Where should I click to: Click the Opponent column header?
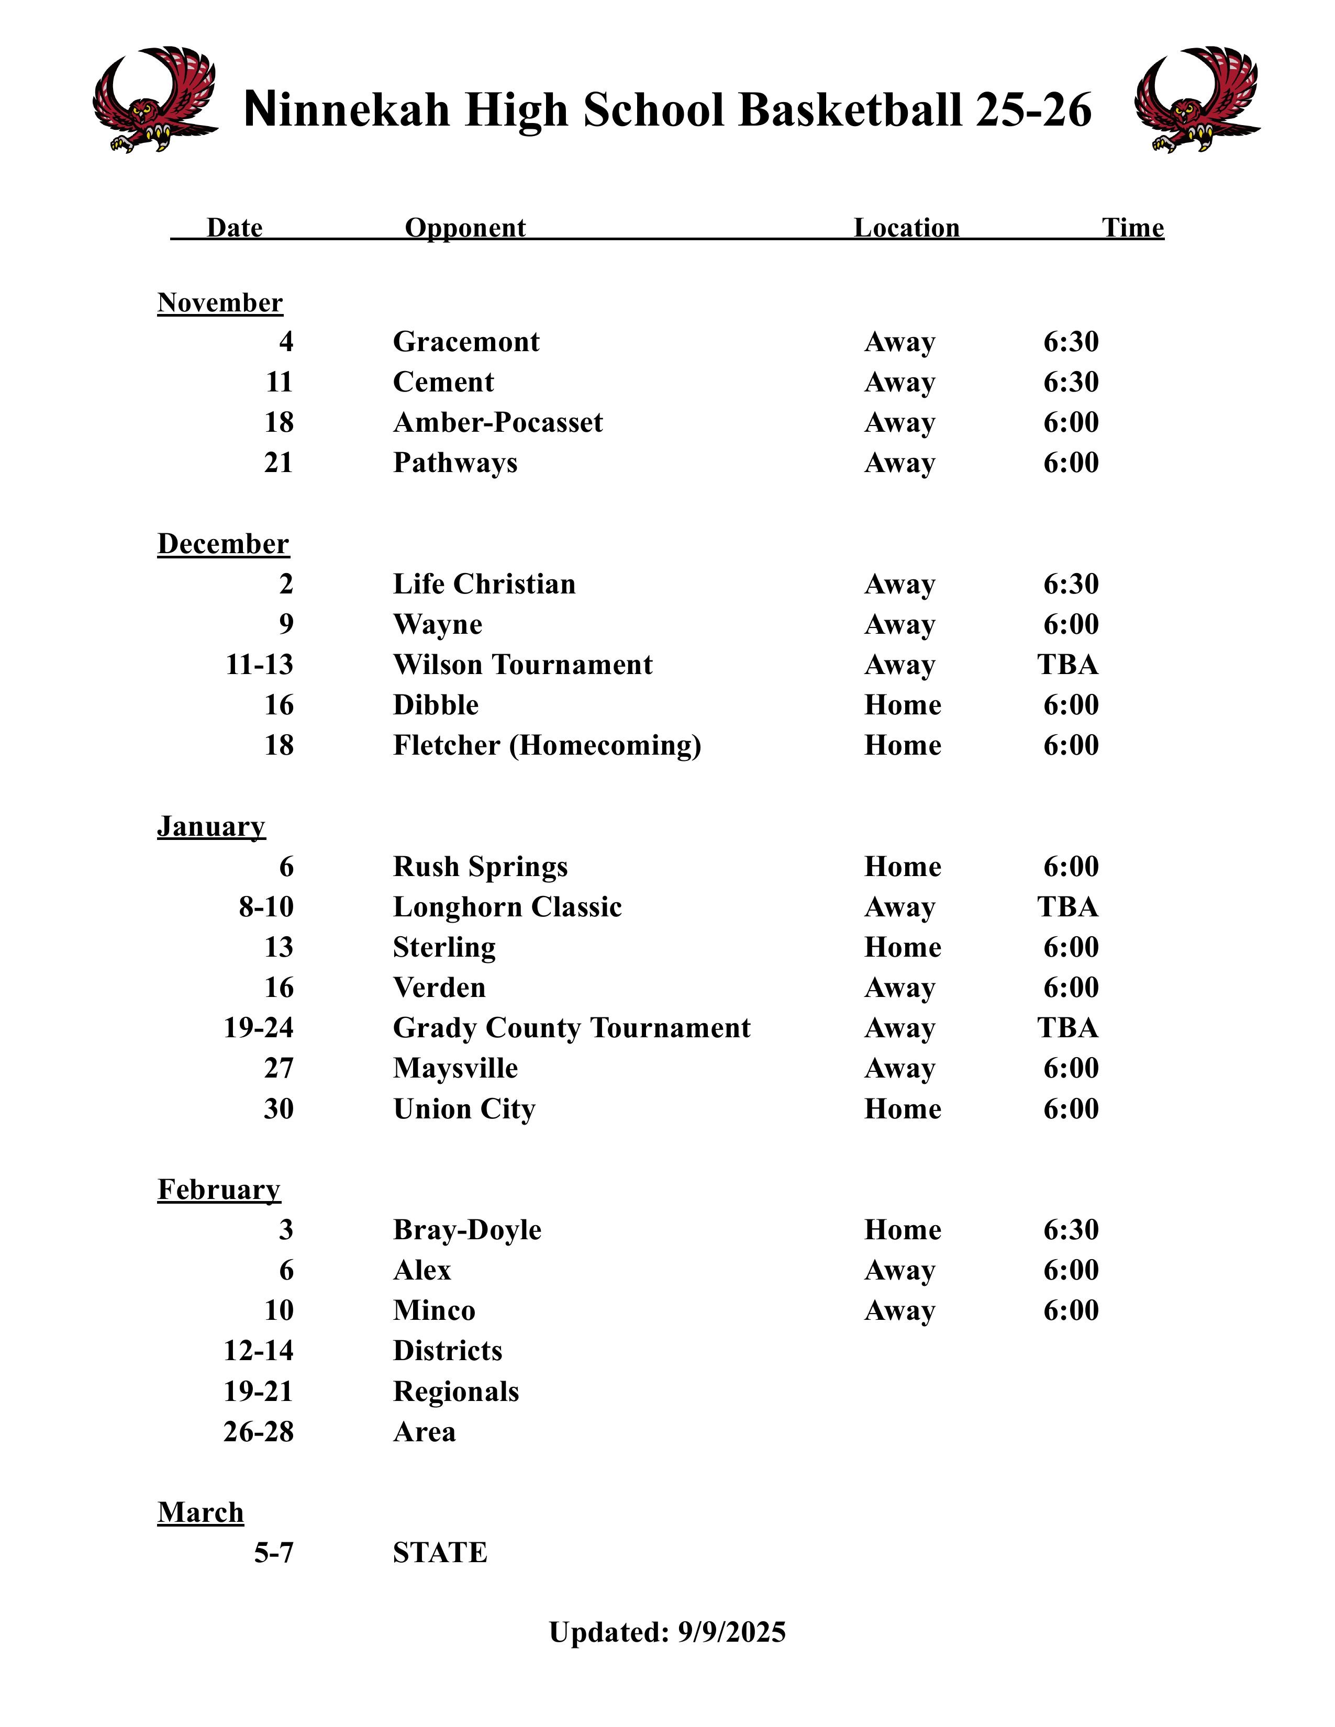pos(465,228)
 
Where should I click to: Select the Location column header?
pos(906,228)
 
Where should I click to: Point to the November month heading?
pos(220,303)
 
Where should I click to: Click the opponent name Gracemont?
pos(466,342)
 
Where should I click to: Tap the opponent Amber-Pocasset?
pos(497,422)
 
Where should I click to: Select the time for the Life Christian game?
pos(1071,585)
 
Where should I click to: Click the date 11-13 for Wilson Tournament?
pos(259,665)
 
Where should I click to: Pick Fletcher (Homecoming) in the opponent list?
pos(547,746)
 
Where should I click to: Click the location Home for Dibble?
pos(903,705)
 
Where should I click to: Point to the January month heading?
pos(211,826)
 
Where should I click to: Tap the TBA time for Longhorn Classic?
pos(1067,907)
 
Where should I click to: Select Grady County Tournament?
pos(571,1028)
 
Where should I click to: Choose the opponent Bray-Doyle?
pos(466,1230)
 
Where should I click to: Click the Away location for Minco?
pos(899,1310)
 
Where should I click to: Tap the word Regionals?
pos(455,1392)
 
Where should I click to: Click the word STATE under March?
pos(440,1553)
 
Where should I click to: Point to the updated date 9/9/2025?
pos(731,1632)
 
